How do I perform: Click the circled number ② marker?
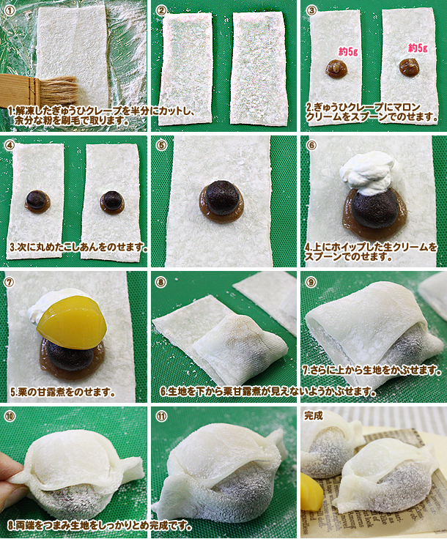pos(161,10)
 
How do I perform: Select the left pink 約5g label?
pos(348,51)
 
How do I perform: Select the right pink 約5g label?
pos(418,48)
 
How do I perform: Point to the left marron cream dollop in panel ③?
pos(336,68)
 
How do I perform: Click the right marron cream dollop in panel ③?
pos(409,67)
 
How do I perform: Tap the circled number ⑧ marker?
pos(160,282)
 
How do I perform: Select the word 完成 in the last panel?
pos(313,415)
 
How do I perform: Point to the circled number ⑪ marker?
pos(161,416)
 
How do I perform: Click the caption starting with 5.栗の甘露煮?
pos(62,392)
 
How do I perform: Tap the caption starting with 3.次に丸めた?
pos(78,247)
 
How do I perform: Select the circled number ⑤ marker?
pos(161,145)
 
